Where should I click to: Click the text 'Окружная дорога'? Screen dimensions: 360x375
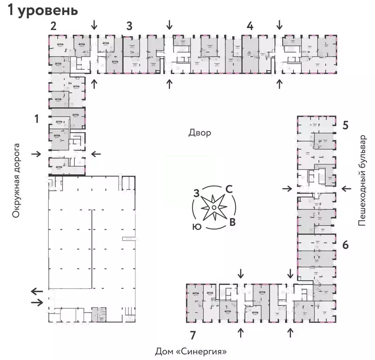[x=17, y=180]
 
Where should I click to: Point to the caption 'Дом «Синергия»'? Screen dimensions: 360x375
[x=194, y=351]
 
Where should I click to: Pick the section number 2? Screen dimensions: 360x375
[x=53, y=26]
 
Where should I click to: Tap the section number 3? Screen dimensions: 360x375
[x=129, y=26]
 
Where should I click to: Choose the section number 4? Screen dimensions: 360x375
[x=250, y=26]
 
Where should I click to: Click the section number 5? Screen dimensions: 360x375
[x=345, y=125]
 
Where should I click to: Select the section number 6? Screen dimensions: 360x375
[x=345, y=245]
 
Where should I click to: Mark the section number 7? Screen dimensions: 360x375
[x=193, y=334]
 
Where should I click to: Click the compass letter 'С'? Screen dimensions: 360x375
[x=229, y=189]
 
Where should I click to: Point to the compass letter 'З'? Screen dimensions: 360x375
[x=197, y=192]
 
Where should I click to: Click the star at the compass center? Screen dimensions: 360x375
[x=213, y=207]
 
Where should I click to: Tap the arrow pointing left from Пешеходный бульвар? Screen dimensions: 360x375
[x=346, y=188]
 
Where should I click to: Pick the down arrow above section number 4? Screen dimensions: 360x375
[x=280, y=23]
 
